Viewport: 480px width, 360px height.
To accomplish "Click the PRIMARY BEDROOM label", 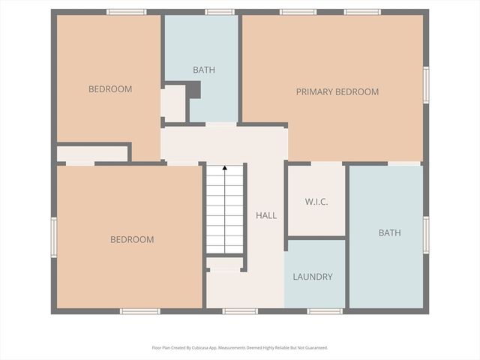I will click(337, 91).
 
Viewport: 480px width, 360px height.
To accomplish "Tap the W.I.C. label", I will click(316, 202).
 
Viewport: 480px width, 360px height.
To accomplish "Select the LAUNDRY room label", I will click(313, 277).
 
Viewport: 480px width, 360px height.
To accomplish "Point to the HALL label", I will click(266, 215).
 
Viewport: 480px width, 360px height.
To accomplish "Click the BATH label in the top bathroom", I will click(204, 70).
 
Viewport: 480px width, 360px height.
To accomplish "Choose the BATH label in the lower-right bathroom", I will click(389, 232).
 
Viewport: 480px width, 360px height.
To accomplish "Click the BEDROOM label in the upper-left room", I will click(110, 88).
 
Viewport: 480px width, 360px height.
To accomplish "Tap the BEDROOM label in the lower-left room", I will click(132, 239).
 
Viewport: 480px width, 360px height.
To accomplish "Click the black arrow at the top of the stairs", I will click(224, 169).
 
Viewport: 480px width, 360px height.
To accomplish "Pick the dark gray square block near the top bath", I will click(193, 90).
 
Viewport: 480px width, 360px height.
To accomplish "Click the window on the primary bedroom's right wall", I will click(426, 84).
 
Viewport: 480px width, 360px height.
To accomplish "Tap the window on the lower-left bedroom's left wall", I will click(53, 237).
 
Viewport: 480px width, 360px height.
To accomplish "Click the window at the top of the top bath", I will click(219, 12).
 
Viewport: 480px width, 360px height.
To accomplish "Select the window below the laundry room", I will click(325, 311).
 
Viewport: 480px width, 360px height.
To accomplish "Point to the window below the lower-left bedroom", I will click(140, 311).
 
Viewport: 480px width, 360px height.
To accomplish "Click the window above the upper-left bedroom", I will click(126, 12).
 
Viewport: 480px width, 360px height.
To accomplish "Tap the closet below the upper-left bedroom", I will click(92, 154).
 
